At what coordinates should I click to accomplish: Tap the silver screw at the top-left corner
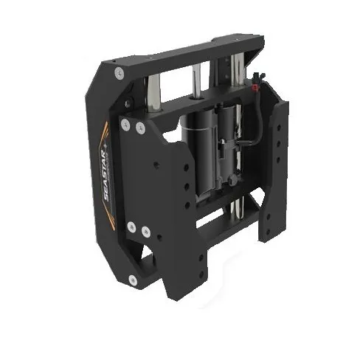(x=119, y=72)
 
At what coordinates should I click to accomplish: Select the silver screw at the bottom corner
(x=132, y=279)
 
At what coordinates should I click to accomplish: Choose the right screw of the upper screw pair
(x=140, y=128)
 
